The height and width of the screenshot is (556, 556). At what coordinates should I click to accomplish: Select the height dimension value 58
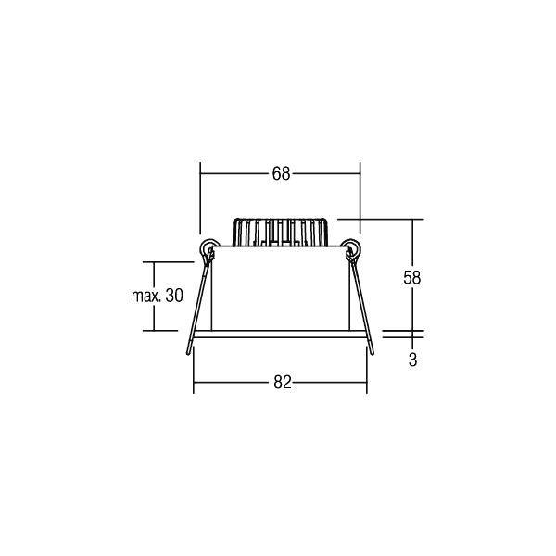tap(412, 277)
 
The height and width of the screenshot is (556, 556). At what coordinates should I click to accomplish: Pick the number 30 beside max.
tap(174, 296)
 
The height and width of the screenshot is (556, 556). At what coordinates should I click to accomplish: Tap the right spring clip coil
tap(351, 247)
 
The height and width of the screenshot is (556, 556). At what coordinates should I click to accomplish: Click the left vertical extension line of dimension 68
tap(200, 199)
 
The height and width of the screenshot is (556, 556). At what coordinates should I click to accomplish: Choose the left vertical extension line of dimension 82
tap(192, 371)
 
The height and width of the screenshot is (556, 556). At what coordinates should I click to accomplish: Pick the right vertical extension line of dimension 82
tap(367, 371)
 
